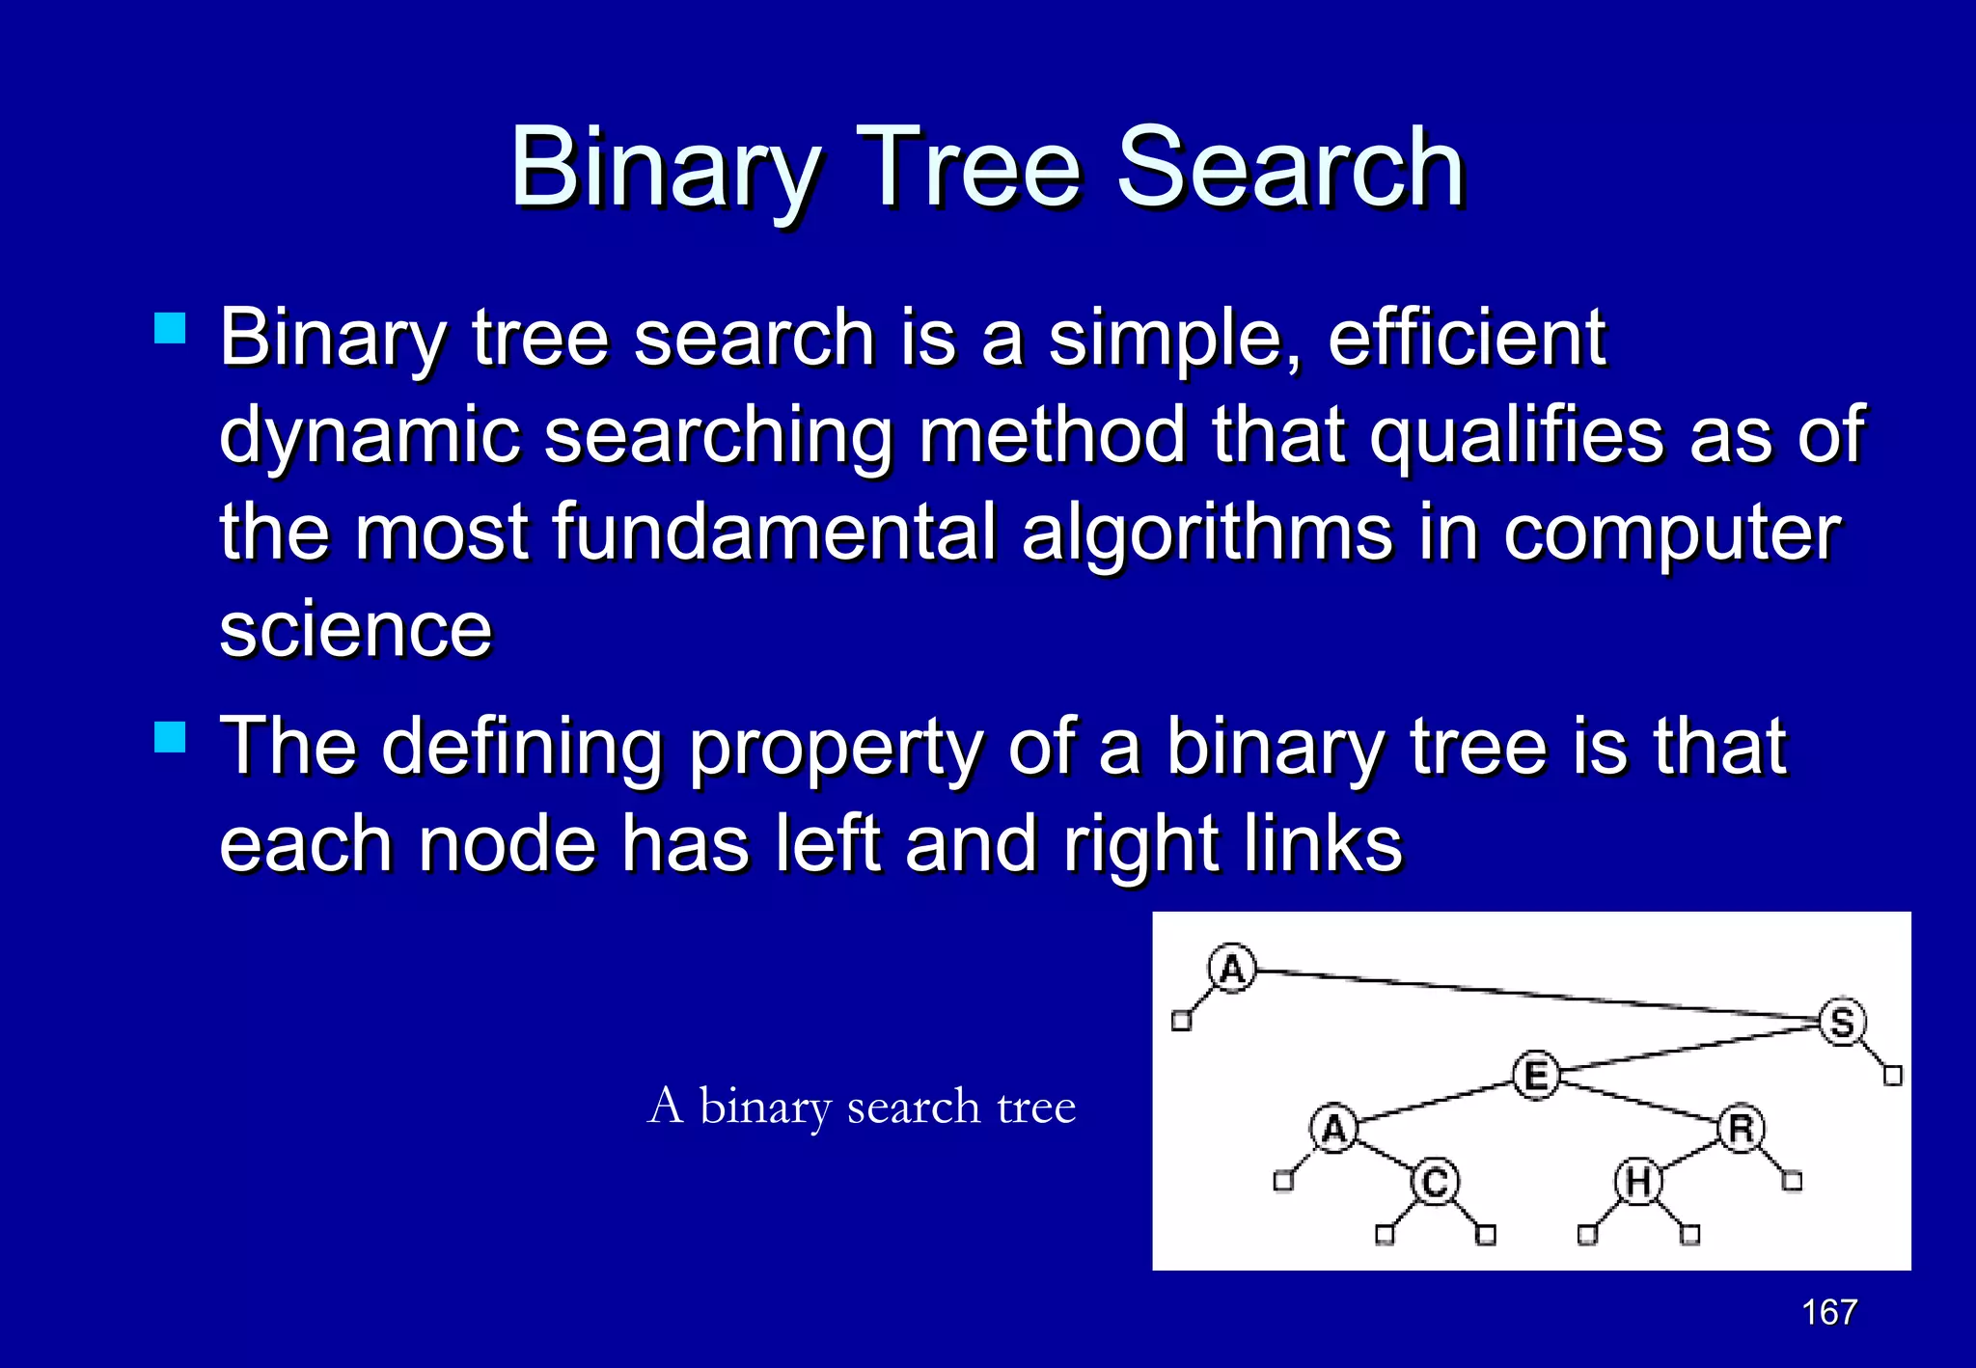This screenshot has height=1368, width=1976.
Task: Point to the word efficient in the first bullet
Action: coord(1467,338)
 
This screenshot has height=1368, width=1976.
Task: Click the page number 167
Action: coord(1829,1312)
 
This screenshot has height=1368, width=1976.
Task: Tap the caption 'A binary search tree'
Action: coord(861,1106)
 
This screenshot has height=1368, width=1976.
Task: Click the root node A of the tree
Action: coord(1232,968)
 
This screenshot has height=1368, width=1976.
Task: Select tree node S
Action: coord(1842,1022)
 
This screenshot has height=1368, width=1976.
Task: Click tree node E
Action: coord(1536,1075)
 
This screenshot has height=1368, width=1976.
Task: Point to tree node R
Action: coord(1741,1128)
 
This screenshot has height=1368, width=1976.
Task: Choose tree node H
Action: coord(1638,1182)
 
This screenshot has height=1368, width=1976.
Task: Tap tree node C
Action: coord(1435,1182)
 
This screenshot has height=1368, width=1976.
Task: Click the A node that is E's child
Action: coord(1333,1128)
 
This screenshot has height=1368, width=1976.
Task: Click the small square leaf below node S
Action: coord(1893,1075)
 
